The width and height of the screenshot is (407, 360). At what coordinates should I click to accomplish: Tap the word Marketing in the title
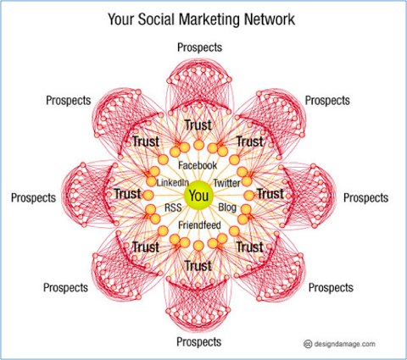[x=209, y=20]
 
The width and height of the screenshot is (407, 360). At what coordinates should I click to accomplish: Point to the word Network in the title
[x=270, y=19]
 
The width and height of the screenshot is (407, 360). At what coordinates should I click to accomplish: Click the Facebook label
[x=198, y=165]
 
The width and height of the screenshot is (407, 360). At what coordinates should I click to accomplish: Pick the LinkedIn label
[x=173, y=182]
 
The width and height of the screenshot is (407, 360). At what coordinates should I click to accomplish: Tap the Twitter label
[x=226, y=183]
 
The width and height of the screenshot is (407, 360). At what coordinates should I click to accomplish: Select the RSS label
[x=173, y=208]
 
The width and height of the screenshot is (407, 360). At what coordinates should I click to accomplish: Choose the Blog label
[x=227, y=208]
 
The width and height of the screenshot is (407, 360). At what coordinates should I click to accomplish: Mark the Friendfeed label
[x=199, y=225]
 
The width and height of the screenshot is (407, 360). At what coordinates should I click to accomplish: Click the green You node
[x=199, y=196]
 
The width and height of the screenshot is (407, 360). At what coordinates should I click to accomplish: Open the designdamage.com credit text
[x=345, y=344]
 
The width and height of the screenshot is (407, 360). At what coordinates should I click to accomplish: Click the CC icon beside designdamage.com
[x=308, y=344]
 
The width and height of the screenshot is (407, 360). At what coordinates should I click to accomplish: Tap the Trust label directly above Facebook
[x=198, y=125]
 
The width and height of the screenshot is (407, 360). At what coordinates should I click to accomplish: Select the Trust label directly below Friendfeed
[x=198, y=266]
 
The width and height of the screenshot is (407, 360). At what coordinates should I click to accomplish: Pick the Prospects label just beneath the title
[x=199, y=47]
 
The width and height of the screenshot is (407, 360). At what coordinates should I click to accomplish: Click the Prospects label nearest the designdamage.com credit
[x=331, y=287]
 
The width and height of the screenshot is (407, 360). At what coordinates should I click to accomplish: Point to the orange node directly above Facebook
[x=198, y=145]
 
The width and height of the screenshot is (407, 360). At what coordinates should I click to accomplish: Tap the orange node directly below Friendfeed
[x=198, y=246]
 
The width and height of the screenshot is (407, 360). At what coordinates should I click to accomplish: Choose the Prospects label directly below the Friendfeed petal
[x=199, y=342]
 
